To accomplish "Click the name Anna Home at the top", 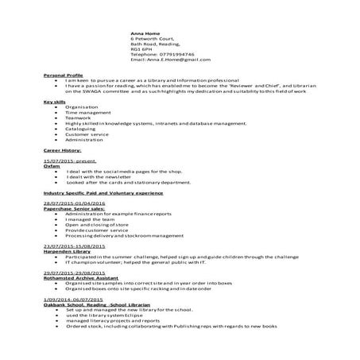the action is [144, 35].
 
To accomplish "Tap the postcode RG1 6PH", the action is [141, 49].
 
